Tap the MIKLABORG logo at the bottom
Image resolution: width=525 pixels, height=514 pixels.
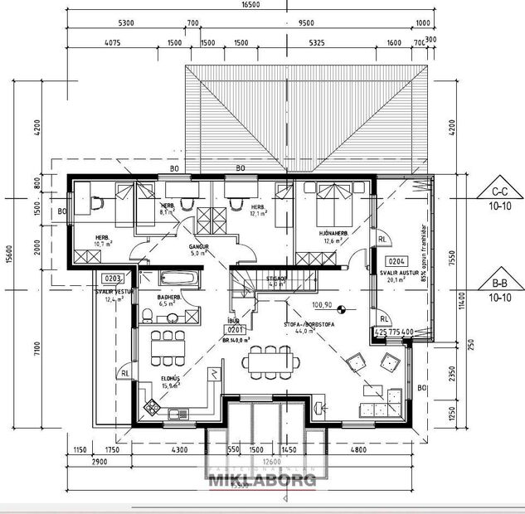(x=262, y=480)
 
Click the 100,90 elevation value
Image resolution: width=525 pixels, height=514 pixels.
(x=323, y=305)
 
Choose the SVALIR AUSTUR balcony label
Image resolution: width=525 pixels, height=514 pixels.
(x=396, y=272)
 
